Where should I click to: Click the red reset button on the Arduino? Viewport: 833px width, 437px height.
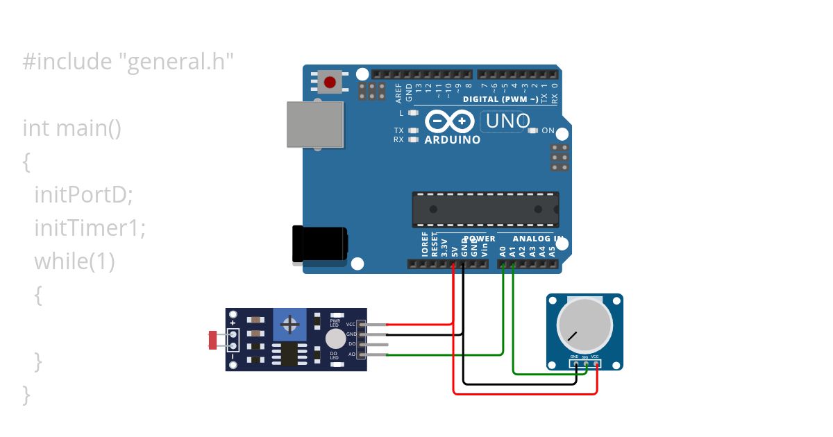point(330,83)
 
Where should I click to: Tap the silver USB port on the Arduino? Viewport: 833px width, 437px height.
point(316,124)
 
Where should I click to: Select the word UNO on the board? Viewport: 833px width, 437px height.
point(508,121)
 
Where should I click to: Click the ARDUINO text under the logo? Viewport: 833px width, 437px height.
point(452,140)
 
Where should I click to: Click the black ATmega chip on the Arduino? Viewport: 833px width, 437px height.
point(485,209)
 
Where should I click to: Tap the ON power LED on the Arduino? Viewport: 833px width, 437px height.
point(533,130)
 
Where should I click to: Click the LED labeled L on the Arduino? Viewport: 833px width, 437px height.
point(414,112)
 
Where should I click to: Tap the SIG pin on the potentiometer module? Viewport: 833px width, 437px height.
point(586,363)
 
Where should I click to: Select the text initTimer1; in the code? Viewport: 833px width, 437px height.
point(90,228)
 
